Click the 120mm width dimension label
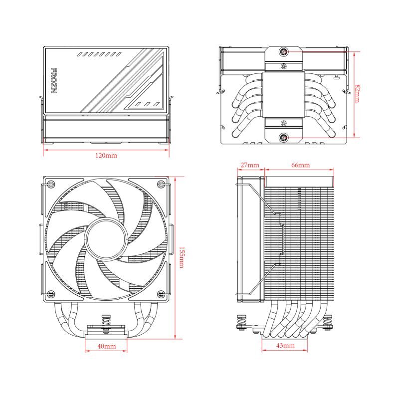(x=106, y=156)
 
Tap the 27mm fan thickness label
(x=249, y=165)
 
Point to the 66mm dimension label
(x=300, y=165)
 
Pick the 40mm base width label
(x=106, y=346)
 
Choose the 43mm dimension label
(x=285, y=346)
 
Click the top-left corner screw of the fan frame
(x=50, y=185)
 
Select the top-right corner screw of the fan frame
(x=161, y=185)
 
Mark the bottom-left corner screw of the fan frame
(x=50, y=293)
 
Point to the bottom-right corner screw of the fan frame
(x=161, y=293)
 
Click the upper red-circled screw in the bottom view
(x=284, y=51)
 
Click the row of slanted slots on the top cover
(x=99, y=53)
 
